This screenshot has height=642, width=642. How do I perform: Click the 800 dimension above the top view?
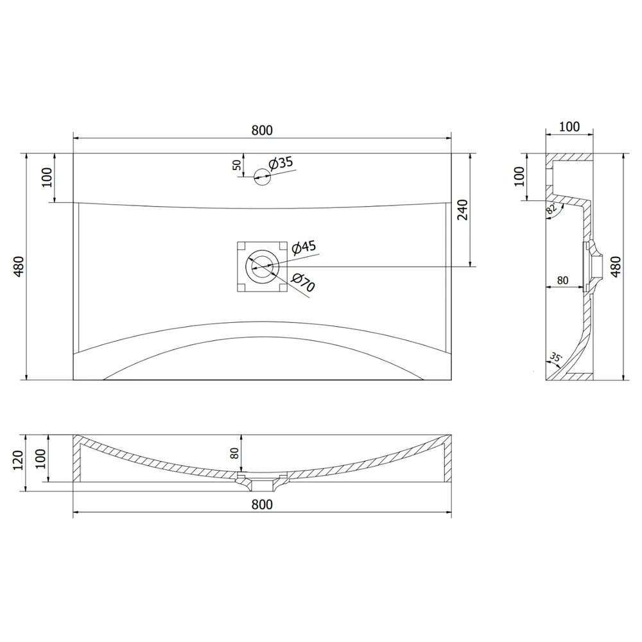click(262, 130)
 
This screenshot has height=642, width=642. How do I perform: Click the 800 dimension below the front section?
click(262, 505)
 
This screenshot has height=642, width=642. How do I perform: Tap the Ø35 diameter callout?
click(281, 163)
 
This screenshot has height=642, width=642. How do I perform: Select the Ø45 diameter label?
click(304, 247)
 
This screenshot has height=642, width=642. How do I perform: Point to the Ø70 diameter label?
click(304, 282)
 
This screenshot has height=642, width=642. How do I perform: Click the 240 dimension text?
click(462, 210)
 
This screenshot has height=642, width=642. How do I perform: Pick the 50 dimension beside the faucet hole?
click(237, 165)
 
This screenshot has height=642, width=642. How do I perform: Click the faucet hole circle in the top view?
click(263, 177)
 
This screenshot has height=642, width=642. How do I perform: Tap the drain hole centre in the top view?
click(263, 266)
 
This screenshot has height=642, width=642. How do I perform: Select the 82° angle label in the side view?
click(551, 209)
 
